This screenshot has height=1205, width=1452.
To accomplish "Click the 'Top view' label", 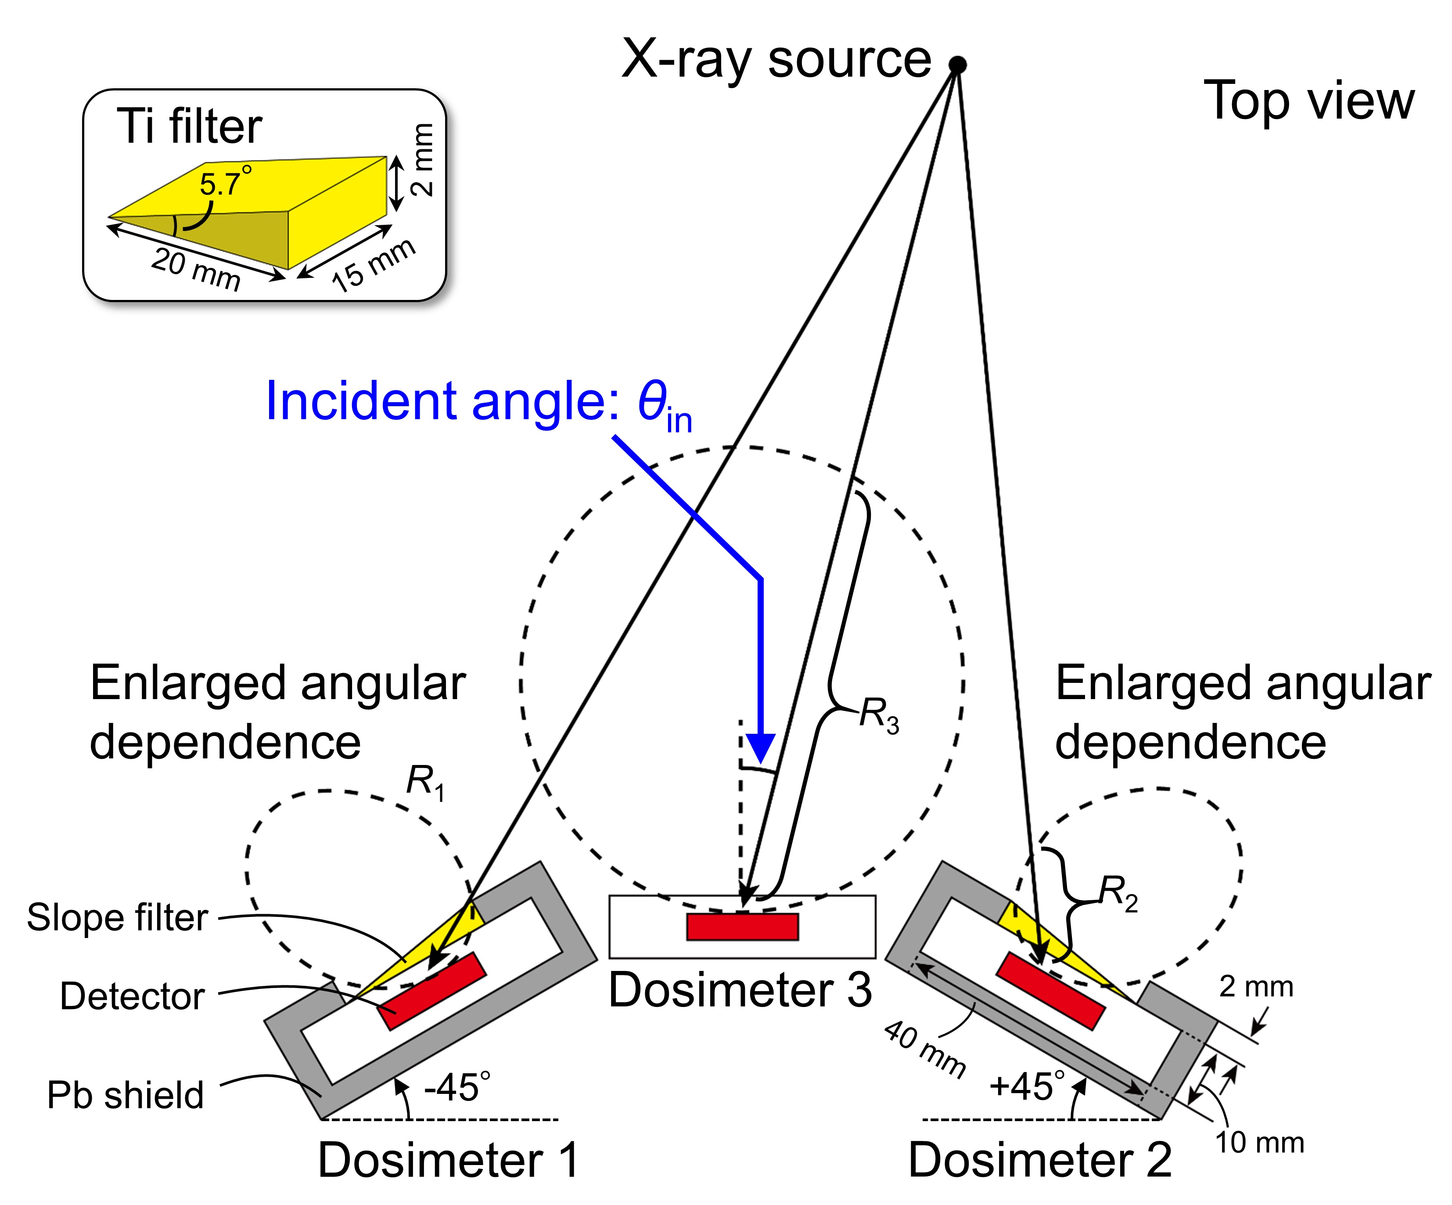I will click(1309, 101).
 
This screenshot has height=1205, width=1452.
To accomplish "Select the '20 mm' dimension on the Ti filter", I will click(196, 269).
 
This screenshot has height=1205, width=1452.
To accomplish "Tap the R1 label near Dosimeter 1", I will click(424, 783).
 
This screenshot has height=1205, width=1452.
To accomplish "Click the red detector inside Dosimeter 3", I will click(742, 926).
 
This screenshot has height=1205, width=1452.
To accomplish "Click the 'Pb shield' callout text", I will click(125, 1095).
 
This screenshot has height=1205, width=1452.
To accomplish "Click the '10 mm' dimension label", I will click(1259, 1142).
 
